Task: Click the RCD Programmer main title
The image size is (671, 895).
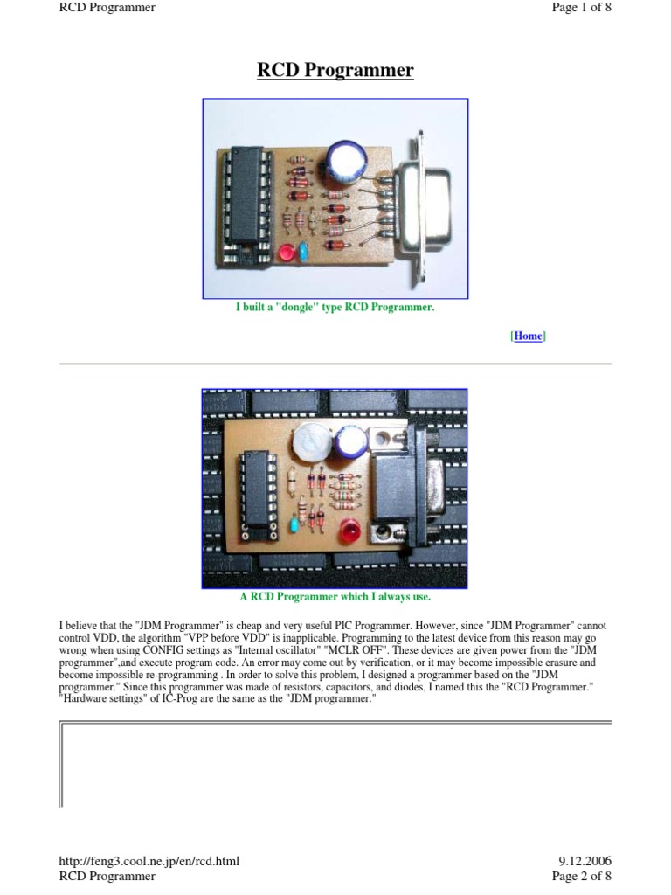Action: pyautogui.click(x=335, y=70)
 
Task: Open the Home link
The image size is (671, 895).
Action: pyautogui.click(x=528, y=336)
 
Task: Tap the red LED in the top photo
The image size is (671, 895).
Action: pyautogui.click(x=286, y=253)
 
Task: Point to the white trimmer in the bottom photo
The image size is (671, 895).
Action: pyautogui.click(x=311, y=443)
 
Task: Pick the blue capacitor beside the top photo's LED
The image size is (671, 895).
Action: pyautogui.click(x=302, y=249)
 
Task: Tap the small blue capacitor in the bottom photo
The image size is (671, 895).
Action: pyautogui.click(x=294, y=524)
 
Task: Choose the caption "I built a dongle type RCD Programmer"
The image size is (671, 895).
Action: pyautogui.click(x=335, y=307)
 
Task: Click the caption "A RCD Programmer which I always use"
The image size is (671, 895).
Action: pyautogui.click(x=335, y=596)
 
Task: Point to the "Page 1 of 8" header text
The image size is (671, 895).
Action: pyautogui.click(x=581, y=7)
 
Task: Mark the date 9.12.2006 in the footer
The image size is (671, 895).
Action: pyautogui.click(x=585, y=861)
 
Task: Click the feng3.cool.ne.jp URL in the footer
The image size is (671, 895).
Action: pyautogui.click(x=149, y=861)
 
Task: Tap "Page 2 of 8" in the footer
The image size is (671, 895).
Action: pyautogui.click(x=581, y=876)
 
